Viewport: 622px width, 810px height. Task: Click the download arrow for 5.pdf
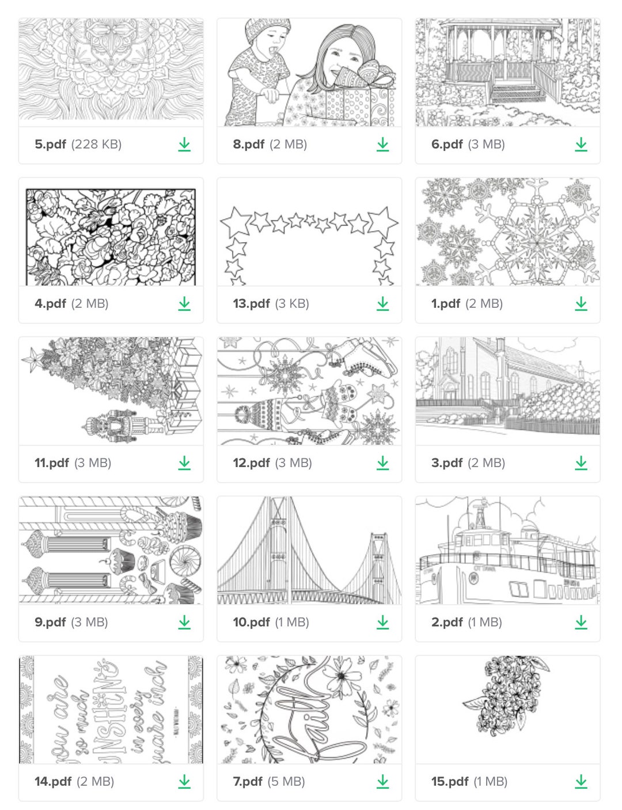[184, 144]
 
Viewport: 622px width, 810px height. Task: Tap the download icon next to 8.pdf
[383, 144]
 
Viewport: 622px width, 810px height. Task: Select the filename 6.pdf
[447, 144]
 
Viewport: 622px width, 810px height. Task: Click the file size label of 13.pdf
[292, 303]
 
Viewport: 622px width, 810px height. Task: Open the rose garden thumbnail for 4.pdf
[111, 236]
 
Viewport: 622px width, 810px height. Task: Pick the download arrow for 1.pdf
[581, 303]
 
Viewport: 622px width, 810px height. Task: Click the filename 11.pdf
[52, 462]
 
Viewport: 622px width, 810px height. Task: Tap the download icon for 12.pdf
[383, 462]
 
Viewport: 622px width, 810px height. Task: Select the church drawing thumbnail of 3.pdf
[507, 391]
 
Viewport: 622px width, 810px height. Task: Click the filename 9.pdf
[50, 622]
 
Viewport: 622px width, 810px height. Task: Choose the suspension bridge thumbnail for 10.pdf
[309, 551]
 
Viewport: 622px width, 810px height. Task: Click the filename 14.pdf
[53, 781]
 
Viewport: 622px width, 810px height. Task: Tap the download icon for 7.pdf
[383, 781]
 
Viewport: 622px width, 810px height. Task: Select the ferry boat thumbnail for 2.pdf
[507, 551]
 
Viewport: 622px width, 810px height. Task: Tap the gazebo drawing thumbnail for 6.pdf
[507, 72]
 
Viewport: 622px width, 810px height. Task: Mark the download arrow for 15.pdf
[581, 781]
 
